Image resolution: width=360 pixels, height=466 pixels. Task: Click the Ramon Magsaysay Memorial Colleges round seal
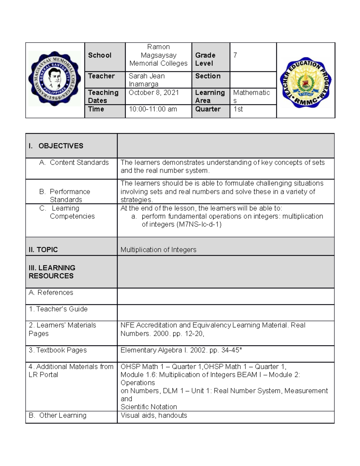pos(55,79)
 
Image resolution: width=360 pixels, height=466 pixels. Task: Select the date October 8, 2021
pos(154,93)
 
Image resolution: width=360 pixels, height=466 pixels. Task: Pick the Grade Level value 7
pos(235,55)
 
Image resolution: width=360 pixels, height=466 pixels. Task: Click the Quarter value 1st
pos(238,109)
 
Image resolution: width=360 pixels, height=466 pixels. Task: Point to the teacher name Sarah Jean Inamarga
pos(146,80)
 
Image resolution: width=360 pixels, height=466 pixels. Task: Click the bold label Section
pos(208,76)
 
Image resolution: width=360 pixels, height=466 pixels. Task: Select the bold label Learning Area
pos(210,97)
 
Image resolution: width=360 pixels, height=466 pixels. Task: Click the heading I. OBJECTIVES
pos(56,146)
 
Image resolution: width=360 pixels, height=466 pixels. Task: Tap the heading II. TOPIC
pos(43,250)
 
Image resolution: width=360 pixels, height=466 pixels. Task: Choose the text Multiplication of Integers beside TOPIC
pos(158,250)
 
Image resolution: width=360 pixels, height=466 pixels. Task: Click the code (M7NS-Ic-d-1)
pos(199,224)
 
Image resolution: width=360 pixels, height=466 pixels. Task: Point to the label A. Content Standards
pos(74,163)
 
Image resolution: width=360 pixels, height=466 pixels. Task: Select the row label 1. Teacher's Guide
pos(58,309)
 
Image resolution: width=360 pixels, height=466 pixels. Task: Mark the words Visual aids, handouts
pos(154,416)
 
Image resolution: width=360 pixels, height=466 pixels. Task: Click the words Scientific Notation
pos(148,407)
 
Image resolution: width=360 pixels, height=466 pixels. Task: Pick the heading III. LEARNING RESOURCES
pos(52,272)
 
